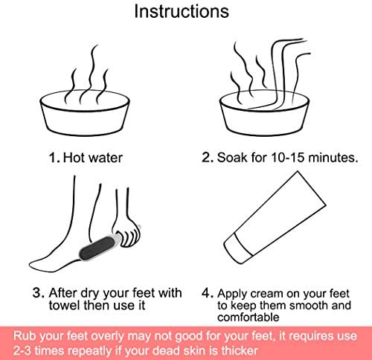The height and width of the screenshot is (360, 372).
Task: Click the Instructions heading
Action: tap(182, 11)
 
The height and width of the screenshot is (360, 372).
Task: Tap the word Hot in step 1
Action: tap(73, 158)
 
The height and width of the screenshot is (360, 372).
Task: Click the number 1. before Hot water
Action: tap(54, 158)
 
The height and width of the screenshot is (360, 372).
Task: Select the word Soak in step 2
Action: tap(232, 157)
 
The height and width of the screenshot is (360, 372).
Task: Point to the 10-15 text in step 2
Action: tap(288, 157)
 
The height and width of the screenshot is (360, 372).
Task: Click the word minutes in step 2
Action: tap(333, 157)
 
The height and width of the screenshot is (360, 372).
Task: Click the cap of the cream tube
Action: tap(238, 248)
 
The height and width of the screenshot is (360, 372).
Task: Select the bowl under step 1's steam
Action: tap(85, 113)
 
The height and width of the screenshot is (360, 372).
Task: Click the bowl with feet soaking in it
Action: tap(264, 113)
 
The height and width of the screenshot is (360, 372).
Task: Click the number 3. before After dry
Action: tap(39, 292)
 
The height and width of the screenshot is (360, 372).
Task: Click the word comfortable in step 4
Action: tap(248, 317)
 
